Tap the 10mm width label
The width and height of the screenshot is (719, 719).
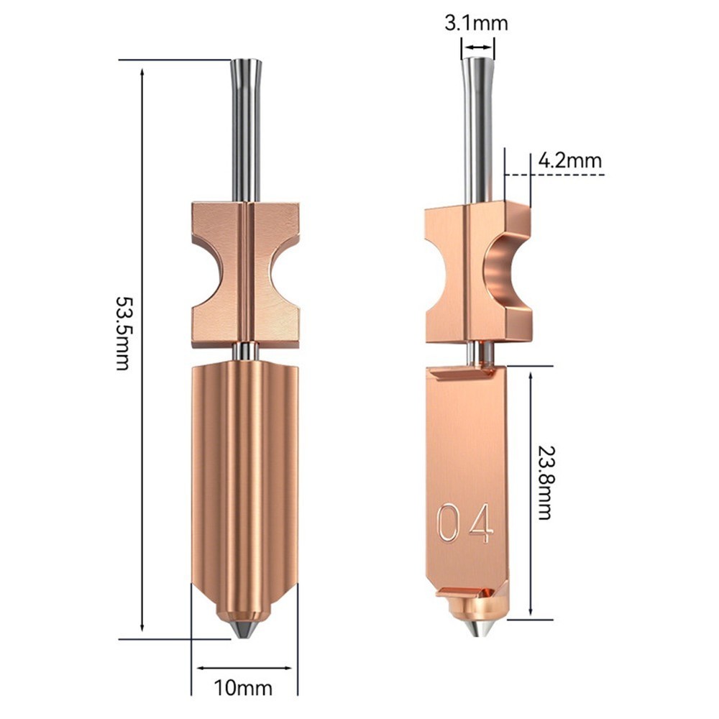(244, 688)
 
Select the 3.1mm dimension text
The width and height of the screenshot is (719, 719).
(476, 23)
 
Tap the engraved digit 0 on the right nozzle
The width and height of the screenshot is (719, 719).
(447, 523)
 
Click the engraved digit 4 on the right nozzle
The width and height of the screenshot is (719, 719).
(482, 523)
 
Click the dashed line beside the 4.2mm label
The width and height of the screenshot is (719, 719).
(568, 175)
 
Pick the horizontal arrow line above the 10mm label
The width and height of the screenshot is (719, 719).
(244, 667)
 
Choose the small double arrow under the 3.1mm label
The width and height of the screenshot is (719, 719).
(477, 48)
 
